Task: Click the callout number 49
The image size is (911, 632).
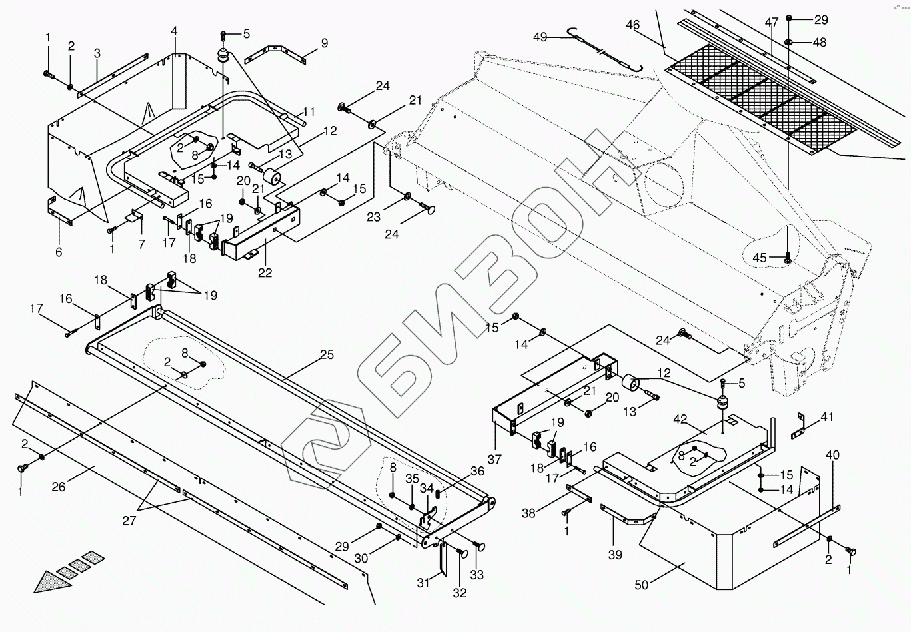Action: (540, 37)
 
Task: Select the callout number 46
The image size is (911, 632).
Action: (632, 25)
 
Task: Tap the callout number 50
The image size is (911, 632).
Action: (641, 585)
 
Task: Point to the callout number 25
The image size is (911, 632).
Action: (326, 355)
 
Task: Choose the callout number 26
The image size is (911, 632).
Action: (59, 487)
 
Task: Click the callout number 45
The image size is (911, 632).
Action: (760, 258)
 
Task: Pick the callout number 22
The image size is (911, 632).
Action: (265, 273)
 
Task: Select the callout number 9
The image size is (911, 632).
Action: (325, 43)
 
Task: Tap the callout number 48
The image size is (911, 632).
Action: (819, 42)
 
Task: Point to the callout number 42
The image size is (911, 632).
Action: (680, 419)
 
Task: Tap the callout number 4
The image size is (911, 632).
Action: (175, 31)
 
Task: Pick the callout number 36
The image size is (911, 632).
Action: (477, 471)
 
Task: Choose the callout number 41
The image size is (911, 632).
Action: (827, 418)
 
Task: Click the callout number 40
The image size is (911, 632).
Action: (832, 456)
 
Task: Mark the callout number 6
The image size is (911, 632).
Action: (59, 252)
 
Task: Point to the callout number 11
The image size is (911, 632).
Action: (308, 111)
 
